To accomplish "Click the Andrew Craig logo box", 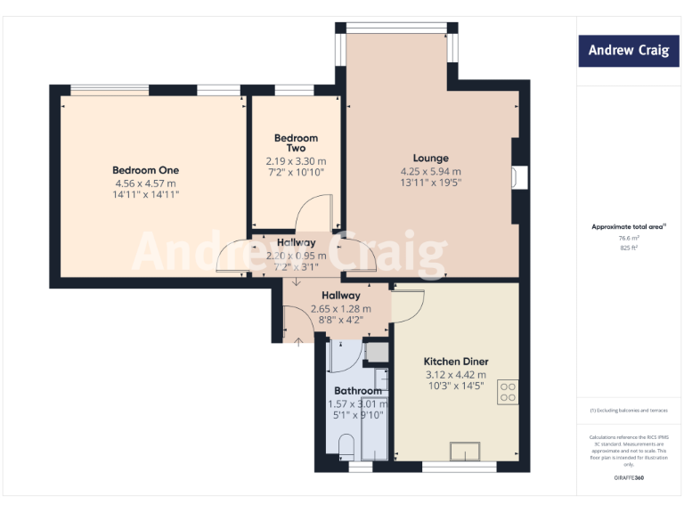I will (628, 51).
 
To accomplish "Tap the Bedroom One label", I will (145, 170).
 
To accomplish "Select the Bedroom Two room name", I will (296, 143).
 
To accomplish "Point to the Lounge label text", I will (431, 159).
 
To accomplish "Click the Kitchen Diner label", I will (456, 362).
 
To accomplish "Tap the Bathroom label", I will (358, 391).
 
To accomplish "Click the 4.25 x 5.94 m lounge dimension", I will (431, 172).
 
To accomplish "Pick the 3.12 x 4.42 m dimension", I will (456, 375).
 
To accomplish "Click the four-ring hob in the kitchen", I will (509, 393).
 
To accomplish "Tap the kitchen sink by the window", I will (466, 452).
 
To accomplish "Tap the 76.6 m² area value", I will (628, 238).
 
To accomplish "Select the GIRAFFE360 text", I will (628, 478).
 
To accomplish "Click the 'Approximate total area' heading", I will (627, 227).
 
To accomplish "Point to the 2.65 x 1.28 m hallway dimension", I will (340, 309).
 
